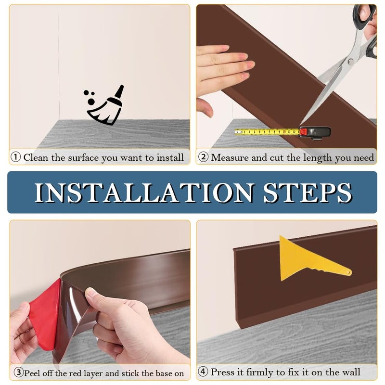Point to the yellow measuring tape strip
[267, 132]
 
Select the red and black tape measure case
[315, 133]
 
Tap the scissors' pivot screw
[351, 61]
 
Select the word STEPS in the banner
[308, 193]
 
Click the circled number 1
[16, 157]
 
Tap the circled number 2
[203, 157]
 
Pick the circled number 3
[18, 372]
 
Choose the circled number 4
[203, 372]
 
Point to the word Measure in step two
[231, 157]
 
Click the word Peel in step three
[32, 373]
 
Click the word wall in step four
[350, 372]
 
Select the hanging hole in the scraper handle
[349, 272]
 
